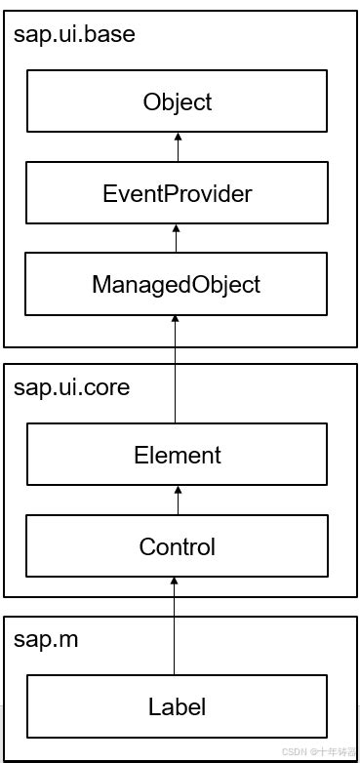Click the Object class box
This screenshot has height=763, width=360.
(x=177, y=101)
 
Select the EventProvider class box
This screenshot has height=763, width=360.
(x=177, y=193)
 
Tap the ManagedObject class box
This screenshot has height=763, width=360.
(x=177, y=284)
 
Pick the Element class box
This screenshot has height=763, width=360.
(x=177, y=455)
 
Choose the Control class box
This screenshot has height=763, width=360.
(x=177, y=546)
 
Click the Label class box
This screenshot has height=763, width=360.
(x=177, y=705)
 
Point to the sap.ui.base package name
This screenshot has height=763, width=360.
(x=74, y=35)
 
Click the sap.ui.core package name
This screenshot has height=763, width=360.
(x=71, y=387)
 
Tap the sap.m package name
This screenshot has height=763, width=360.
(x=46, y=640)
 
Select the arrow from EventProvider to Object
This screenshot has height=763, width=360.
(x=177, y=147)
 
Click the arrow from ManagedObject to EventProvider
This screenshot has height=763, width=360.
(x=177, y=239)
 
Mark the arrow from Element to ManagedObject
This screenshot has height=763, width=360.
(x=177, y=371)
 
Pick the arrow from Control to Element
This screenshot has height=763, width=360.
(x=177, y=501)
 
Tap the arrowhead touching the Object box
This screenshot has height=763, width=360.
(x=177, y=138)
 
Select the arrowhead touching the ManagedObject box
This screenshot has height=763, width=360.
(x=177, y=321)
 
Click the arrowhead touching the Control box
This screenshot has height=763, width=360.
(x=177, y=582)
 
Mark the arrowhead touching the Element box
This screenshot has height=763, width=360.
(x=177, y=491)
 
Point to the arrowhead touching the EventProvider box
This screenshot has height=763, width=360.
(x=177, y=229)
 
